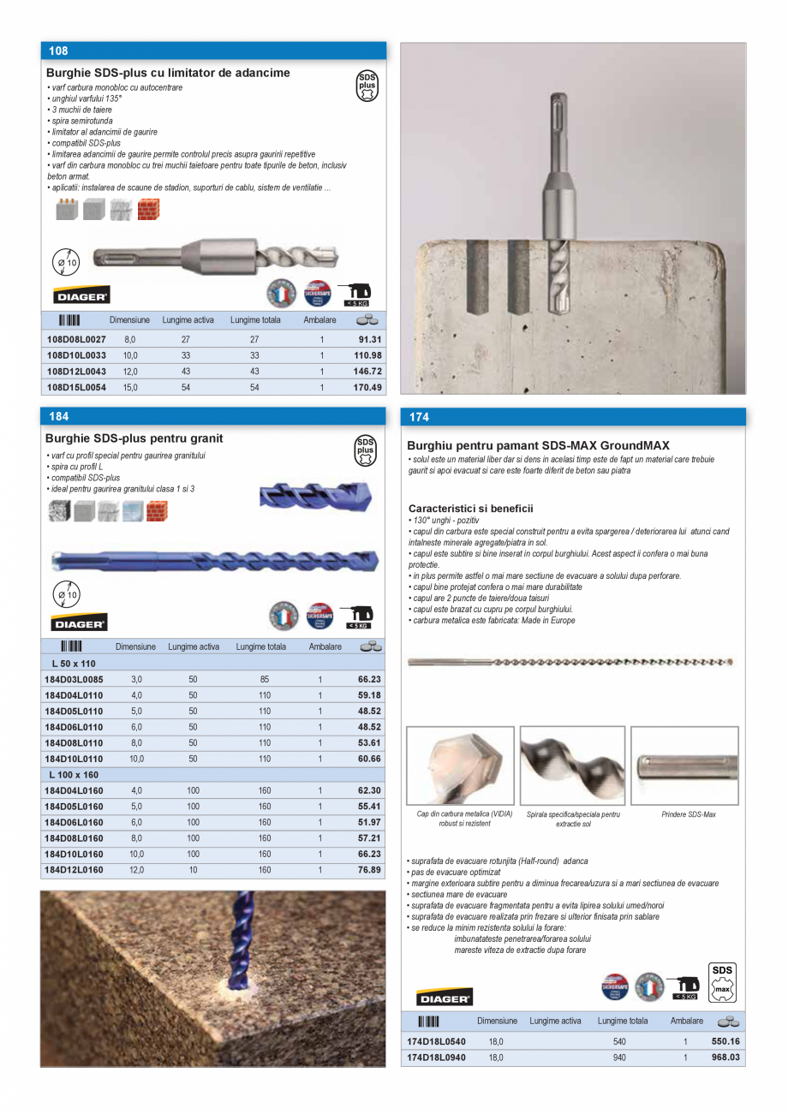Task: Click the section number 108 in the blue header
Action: (x=58, y=51)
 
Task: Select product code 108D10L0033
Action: (x=75, y=355)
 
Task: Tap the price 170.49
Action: (x=367, y=388)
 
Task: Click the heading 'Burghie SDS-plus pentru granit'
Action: (x=134, y=438)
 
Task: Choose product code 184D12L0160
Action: (x=74, y=870)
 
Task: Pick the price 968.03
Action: (x=725, y=1057)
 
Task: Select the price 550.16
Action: (x=725, y=1041)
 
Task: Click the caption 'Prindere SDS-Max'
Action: (x=688, y=814)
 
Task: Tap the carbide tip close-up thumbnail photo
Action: (x=460, y=765)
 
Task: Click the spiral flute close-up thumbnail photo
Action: (x=572, y=765)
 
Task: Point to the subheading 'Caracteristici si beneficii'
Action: (x=470, y=509)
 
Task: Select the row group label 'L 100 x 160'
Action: (x=74, y=774)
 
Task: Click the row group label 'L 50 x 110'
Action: (x=74, y=664)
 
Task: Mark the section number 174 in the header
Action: (x=419, y=418)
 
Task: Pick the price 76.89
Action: (x=369, y=870)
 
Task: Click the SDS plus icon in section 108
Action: (x=367, y=86)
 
